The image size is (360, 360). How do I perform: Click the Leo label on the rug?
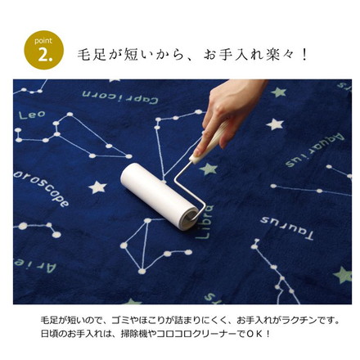pos(32,115)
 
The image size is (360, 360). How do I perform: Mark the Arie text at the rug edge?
pos(35,266)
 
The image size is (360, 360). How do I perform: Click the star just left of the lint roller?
pos(98,187)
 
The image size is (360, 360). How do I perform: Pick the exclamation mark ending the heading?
pos(304,55)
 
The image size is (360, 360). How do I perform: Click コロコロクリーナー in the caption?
pos(199,334)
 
